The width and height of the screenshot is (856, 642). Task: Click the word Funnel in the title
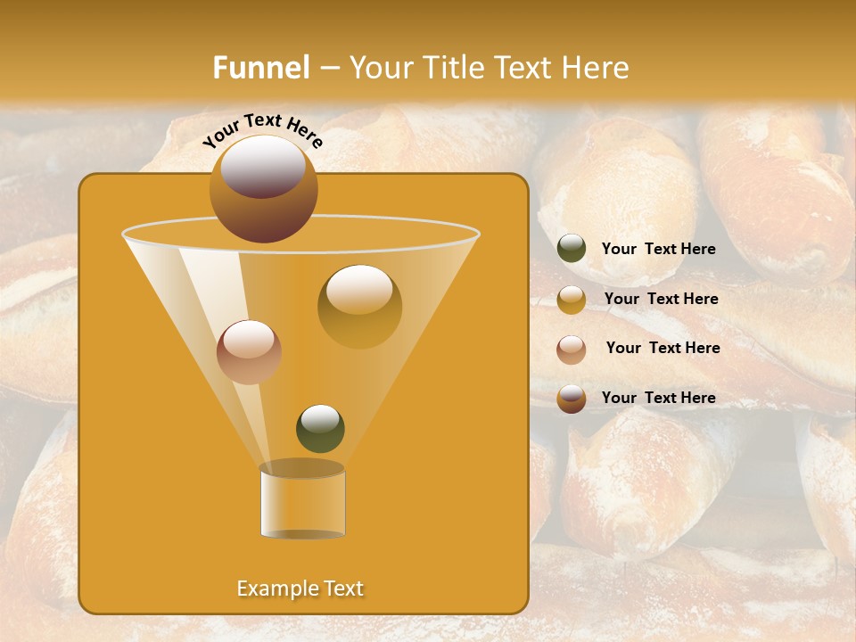pyautogui.click(x=261, y=68)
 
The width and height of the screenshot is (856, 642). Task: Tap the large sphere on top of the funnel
pyautogui.click(x=263, y=189)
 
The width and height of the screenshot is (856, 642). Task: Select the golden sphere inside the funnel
pyautogui.click(x=359, y=306)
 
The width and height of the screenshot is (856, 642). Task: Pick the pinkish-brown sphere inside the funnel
pyautogui.click(x=249, y=352)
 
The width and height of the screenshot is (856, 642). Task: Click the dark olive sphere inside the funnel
pyautogui.click(x=320, y=428)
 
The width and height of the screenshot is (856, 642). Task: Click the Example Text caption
pyautogui.click(x=300, y=588)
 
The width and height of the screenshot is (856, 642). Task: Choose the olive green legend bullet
pyautogui.click(x=572, y=249)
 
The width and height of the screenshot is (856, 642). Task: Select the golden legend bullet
pyautogui.click(x=572, y=300)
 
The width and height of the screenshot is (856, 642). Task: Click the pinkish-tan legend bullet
pyautogui.click(x=572, y=350)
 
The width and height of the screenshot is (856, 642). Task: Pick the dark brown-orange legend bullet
pyautogui.click(x=572, y=399)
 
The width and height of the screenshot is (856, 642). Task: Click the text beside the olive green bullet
pyautogui.click(x=659, y=250)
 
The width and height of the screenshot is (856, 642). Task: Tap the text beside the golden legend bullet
pyautogui.click(x=662, y=300)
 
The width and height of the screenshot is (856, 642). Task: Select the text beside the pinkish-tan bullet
pyautogui.click(x=663, y=349)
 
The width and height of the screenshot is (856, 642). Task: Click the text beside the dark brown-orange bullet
pyautogui.click(x=659, y=398)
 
